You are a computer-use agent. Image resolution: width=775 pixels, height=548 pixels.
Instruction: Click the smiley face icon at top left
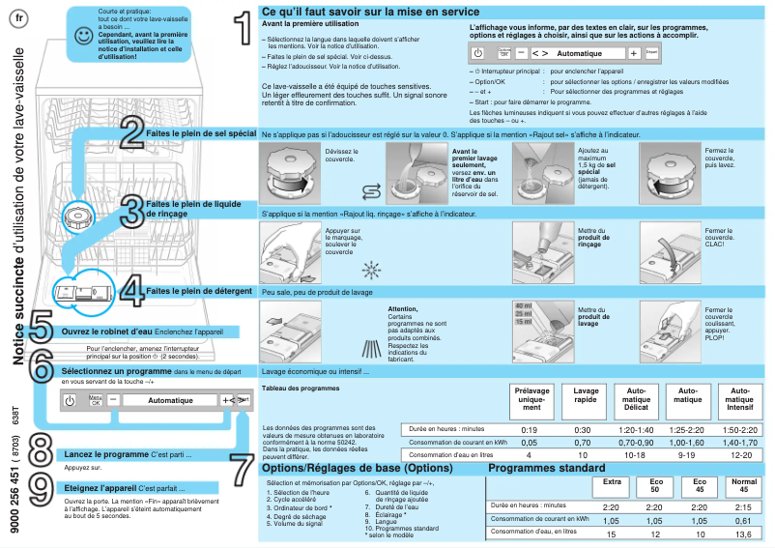[84, 35]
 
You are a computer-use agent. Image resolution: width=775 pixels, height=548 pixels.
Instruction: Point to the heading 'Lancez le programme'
[106, 453]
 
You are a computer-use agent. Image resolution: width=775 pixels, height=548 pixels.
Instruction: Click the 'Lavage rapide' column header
[587, 396]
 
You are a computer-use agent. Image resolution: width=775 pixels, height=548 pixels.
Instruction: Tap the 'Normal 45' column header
[742, 484]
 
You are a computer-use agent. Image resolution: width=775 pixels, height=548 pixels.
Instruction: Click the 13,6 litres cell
[743, 534]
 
